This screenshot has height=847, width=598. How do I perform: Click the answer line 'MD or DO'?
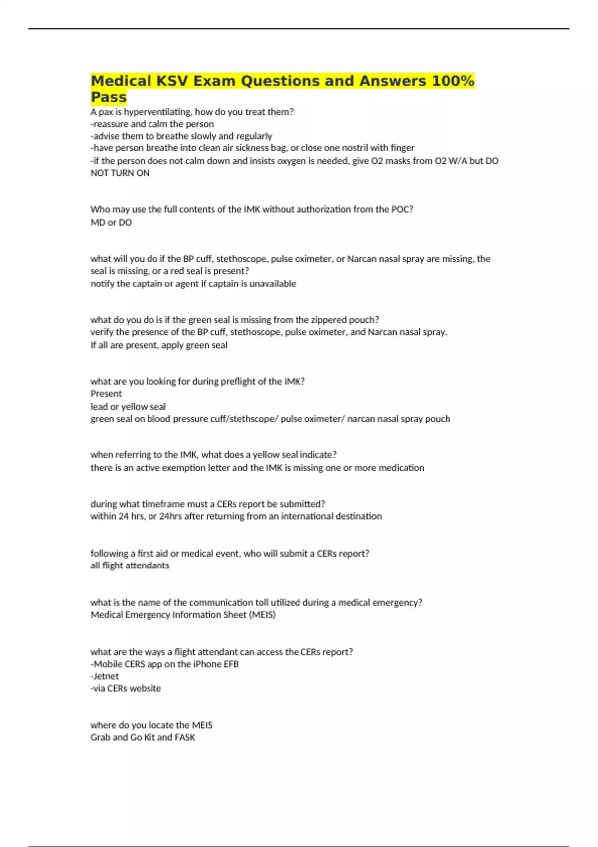point(111,222)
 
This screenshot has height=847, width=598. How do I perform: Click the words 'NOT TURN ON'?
point(120,173)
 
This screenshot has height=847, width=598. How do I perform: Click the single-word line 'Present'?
point(106,393)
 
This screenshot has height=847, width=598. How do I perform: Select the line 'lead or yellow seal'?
point(128,406)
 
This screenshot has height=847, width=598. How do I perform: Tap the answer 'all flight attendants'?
point(130,565)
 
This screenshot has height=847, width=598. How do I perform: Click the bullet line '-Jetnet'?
point(104,676)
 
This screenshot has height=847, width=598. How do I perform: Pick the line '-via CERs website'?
point(126,688)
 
